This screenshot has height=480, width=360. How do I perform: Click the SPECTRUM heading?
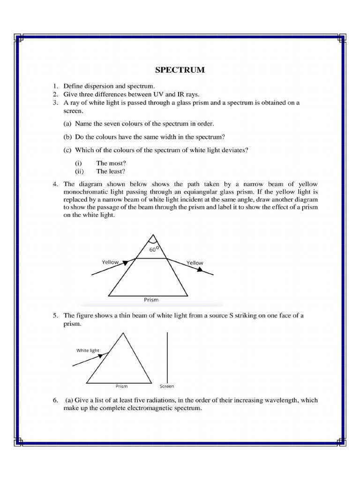[x=180, y=70]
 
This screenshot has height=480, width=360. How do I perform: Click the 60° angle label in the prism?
[x=154, y=250]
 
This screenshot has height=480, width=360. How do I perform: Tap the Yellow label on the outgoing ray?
[x=195, y=263]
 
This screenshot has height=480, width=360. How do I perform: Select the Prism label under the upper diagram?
[x=151, y=299]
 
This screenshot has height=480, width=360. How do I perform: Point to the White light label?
[x=88, y=350]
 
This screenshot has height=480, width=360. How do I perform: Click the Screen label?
[x=167, y=386]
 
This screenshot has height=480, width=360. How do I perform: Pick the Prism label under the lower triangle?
[x=121, y=386]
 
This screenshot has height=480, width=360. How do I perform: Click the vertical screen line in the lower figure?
[x=167, y=356]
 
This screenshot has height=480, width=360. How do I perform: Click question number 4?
[x=55, y=184]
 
